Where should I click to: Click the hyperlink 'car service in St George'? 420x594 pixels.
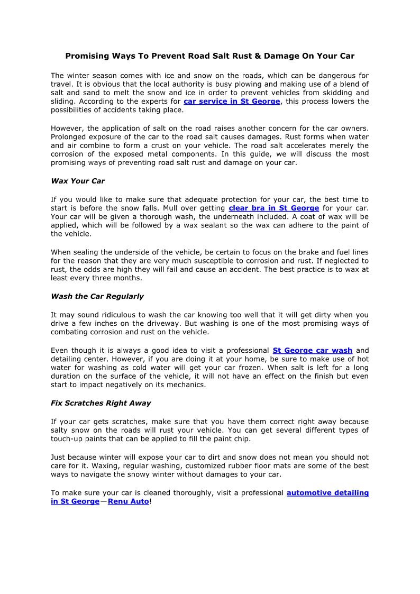click(x=232, y=102)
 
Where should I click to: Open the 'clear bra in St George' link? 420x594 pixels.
click(x=273, y=208)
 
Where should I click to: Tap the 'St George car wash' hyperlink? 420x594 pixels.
click(x=312, y=350)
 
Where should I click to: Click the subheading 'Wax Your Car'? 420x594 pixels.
click(x=78, y=181)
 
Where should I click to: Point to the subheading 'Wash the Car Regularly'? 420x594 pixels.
click(x=97, y=296)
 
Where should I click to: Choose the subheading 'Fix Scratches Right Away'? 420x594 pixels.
click(x=101, y=403)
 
